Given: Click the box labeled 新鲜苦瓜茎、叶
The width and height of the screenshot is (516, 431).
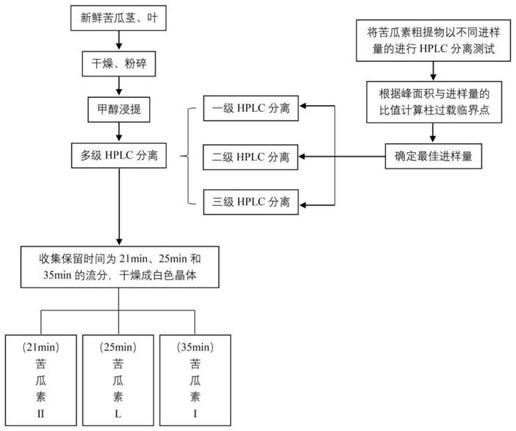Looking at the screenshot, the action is click(118, 18).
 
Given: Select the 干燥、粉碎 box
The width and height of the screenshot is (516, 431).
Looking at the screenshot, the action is click(119, 63).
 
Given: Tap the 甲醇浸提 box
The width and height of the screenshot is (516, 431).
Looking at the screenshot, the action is click(119, 110).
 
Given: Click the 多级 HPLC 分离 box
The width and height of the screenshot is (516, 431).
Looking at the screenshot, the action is click(119, 155).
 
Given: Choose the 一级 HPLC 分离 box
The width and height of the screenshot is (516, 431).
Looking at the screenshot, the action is click(251, 108).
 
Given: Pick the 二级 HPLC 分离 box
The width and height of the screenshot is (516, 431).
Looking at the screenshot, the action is click(251, 157).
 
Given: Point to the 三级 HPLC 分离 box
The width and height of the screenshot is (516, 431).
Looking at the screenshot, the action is click(251, 202).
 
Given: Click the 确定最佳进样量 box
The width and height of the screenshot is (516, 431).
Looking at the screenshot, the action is click(434, 156).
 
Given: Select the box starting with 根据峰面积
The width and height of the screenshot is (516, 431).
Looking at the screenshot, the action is click(434, 102).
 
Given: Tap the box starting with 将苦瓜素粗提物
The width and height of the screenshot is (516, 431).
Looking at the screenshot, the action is click(434, 40).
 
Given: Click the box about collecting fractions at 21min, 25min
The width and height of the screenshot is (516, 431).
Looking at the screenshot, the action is click(120, 267).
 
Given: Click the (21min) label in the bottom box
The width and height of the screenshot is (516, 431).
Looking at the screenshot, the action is click(41, 347).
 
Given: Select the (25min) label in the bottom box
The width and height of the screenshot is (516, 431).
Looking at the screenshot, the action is click(118, 347).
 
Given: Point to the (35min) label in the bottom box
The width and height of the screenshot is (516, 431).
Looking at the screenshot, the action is click(195, 347).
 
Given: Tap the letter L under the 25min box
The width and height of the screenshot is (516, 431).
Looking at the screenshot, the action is click(118, 413).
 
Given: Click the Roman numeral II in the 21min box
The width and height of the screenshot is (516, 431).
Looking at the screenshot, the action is click(41, 413).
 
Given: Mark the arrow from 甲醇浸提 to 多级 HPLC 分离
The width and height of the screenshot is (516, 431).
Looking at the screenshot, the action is click(119, 132).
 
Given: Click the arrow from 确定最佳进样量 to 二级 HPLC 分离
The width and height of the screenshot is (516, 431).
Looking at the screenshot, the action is click(342, 157).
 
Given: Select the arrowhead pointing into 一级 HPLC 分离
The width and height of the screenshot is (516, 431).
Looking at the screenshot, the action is click(303, 106).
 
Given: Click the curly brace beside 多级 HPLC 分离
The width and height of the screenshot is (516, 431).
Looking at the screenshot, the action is click(187, 156).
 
